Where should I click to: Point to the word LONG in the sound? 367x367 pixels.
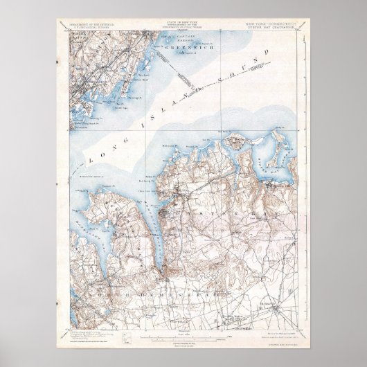(x=102, y=156)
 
